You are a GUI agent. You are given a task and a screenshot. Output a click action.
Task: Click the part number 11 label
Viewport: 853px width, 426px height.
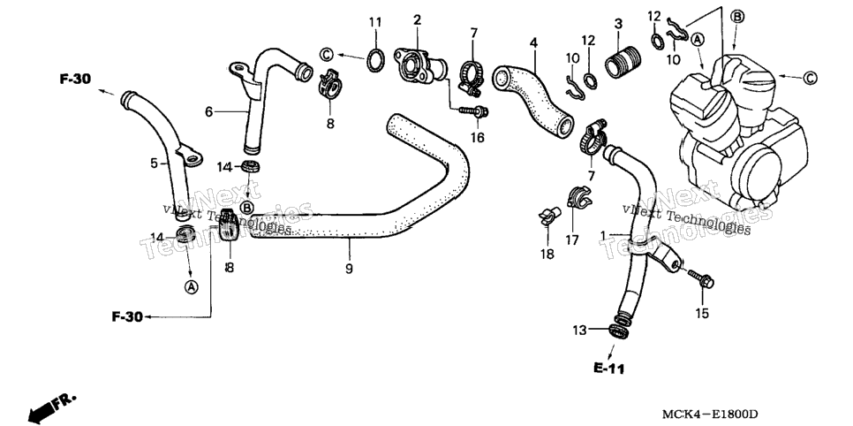coord(375,22)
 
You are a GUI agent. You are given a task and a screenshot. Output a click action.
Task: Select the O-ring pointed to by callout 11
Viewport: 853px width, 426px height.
coord(375,59)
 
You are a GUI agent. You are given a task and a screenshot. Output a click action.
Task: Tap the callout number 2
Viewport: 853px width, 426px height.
coord(418,20)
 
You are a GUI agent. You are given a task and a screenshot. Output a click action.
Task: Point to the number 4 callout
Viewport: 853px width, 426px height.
coord(533,42)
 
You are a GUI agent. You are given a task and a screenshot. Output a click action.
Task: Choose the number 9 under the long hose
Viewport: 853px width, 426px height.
coord(349,269)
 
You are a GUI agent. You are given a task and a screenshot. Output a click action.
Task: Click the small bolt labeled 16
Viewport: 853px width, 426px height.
coord(474,112)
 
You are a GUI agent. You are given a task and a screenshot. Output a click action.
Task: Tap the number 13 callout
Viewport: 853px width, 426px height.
coord(580,331)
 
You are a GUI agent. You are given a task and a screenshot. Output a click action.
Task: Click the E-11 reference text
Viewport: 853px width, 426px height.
coord(608,369)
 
